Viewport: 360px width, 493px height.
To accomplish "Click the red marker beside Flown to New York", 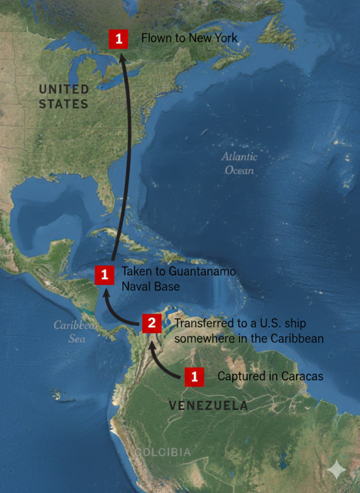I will coord(118,39).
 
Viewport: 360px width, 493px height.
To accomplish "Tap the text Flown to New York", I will coord(189,38).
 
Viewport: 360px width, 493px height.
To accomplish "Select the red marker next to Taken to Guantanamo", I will coord(104,275).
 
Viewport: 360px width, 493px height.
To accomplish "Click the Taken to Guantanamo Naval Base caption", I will coord(178,279).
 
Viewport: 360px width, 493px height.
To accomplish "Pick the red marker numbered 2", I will coord(151,323).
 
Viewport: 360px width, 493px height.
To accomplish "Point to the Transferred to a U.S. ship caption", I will coord(248,331).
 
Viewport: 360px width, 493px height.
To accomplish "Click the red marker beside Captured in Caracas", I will coord(194,376).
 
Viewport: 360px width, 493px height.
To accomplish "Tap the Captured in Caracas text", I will coord(270,376).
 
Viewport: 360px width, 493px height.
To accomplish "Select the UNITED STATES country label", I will coord(64,96).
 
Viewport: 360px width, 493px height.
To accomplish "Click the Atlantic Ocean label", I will coord(239,163).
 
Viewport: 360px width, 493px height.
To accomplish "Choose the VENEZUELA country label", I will coord(208,406).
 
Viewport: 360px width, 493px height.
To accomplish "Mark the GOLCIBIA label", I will coord(162,453).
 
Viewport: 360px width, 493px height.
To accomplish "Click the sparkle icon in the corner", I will coord(336,469).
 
